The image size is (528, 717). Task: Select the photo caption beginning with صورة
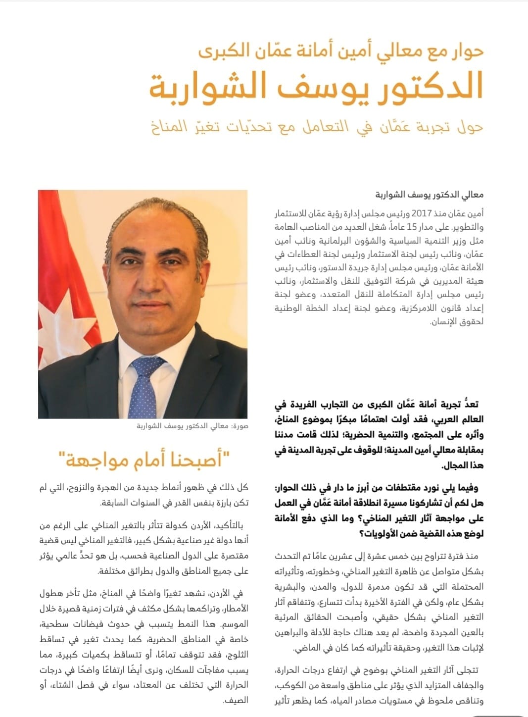192,426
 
